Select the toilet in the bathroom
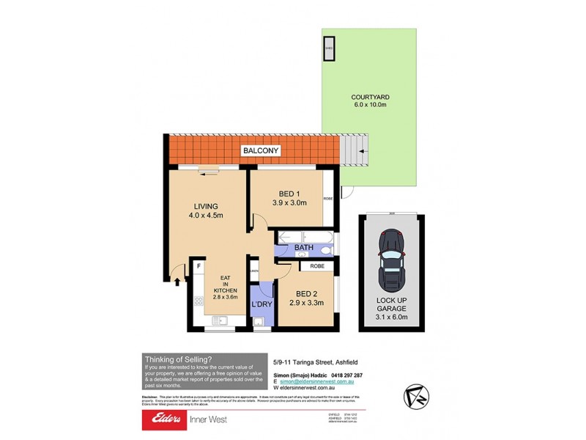(x=327, y=249)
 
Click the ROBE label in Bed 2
(x=317, y=266)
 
